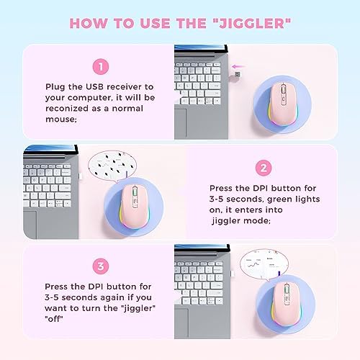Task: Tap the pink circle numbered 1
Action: pyautogui.click(x=101, y=66)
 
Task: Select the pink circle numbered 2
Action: pyautogui.click(x=264, y=168)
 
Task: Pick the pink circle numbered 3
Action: pyautogui.click(x=101, y=266)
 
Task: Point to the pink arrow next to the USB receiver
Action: pyautogui.click(x=238, y=66)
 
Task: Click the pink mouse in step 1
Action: pyautogui.click(x=282, y=104)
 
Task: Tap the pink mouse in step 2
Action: pyautogui.click(x=133, y=207)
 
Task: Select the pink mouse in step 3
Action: pyautogui.click(x=285, y=304)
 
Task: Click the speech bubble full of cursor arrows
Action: pyautogui.click(x=112, y=166)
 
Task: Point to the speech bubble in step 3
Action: pyautogui.click(x=264, y=264)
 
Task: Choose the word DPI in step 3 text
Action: pyautogui.click(x=96, y=287)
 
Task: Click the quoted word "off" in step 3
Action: pyautogui.click(x=54, y=319)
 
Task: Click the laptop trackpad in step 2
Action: pyautogui.click(x=30, y=225)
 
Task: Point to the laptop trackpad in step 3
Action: pyautogui.click(x=181, y=323)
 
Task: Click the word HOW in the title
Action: pyautogui.click(x=89, y=24)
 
